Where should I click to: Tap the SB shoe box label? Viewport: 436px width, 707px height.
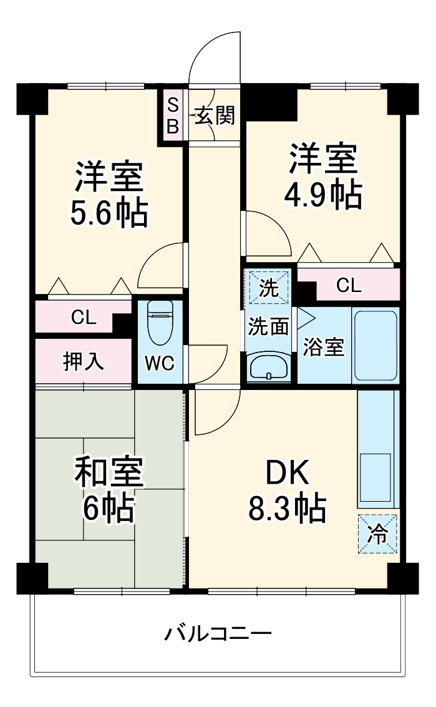pos(172,116)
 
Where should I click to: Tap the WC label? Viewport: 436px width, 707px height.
pos(159,364)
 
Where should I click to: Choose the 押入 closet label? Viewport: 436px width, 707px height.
pos(83,362)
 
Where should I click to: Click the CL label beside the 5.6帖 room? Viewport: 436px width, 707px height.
pos(83,318)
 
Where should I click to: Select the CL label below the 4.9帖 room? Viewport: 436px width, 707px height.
pos(348,285)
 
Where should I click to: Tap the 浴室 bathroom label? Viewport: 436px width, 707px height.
pos(324,347)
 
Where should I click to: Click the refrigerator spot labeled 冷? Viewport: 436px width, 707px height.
pos(377,534)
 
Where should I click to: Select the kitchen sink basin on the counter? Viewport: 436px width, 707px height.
pos(375,477)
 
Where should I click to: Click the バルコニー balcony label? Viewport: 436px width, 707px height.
pos(218,635)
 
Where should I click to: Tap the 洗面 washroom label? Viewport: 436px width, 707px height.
pos(268,326)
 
